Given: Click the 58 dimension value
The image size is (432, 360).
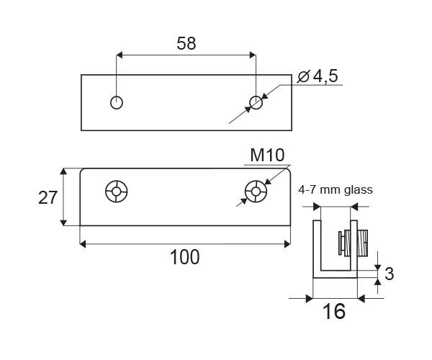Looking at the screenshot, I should coord(186,43).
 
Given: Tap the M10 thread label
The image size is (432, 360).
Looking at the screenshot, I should coord(268,156).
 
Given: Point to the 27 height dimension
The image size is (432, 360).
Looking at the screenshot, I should coord(48,198).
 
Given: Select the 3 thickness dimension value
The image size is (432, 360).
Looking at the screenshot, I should coord(390,274).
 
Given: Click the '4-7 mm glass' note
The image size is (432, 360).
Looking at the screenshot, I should coord(335,190).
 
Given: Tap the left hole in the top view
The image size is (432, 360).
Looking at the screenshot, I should coord(117,102).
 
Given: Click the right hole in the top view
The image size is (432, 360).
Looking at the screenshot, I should coord(256,102).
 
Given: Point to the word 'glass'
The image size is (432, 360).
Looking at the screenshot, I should coord(357,190).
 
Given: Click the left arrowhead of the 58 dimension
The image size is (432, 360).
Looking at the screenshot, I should coord(121,55).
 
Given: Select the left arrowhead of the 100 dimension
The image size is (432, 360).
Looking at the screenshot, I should coord(84,245).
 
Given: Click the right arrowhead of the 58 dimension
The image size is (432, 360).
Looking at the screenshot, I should coord(251,55).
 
